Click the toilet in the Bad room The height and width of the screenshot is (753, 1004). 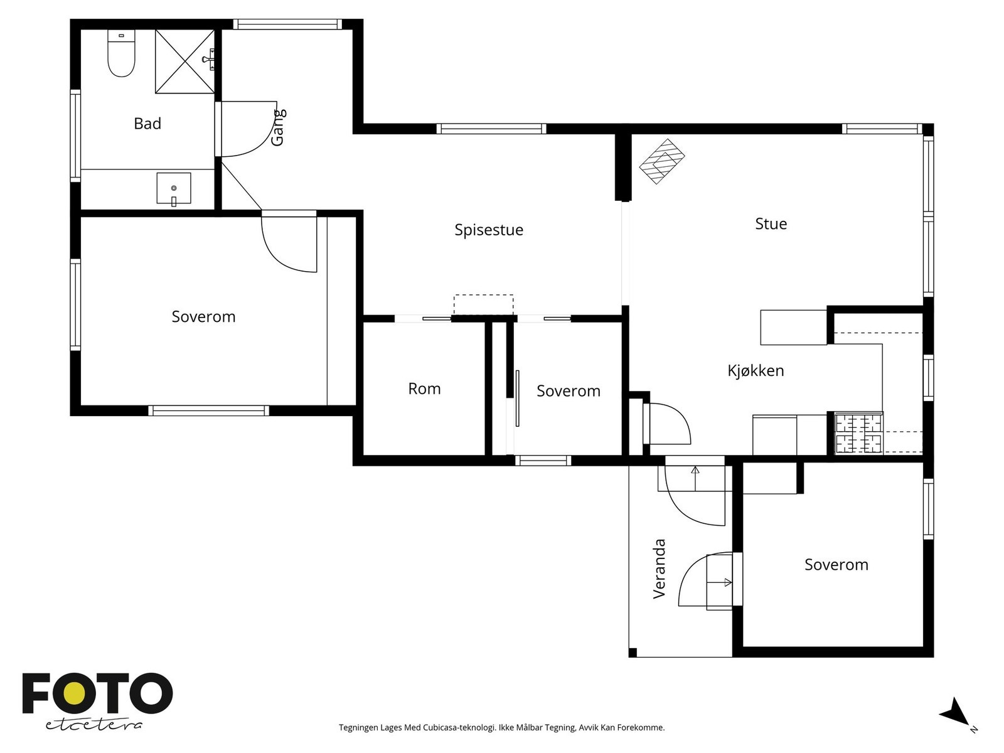(x=121, y=53)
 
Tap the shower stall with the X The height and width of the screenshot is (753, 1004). (x=184, y=61)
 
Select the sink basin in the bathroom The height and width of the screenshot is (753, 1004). (x=174, y=188)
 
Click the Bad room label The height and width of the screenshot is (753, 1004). (x=147, y=124)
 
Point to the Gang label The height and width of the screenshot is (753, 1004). (x=278, y=127)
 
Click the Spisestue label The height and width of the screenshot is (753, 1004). (x=488, y=230)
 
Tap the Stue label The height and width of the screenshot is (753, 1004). (x=771, y=223)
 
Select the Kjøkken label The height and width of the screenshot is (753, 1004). (x=756, y=370)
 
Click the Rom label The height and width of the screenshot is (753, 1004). (x=424, y=388)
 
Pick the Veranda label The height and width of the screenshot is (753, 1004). (x=659, y=569)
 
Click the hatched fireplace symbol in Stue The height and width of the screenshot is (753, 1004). (x=662, y=161)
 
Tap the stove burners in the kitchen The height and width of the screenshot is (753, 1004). (x=858, y=433)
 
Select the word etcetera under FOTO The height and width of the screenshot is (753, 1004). (x=93, y=725)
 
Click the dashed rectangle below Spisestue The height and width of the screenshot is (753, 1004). (x=483, y=304)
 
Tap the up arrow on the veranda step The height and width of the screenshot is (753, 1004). (x=695, y=478)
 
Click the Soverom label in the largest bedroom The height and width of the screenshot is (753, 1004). (x=203, y=316)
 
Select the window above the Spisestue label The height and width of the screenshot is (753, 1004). (x=491, y=129)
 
